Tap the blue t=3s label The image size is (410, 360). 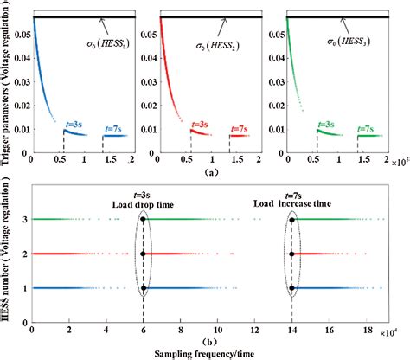click(x=75, y=124)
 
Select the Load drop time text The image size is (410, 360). click(x=143, y=204)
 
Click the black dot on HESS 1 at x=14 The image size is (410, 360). click(x=292, y=287)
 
